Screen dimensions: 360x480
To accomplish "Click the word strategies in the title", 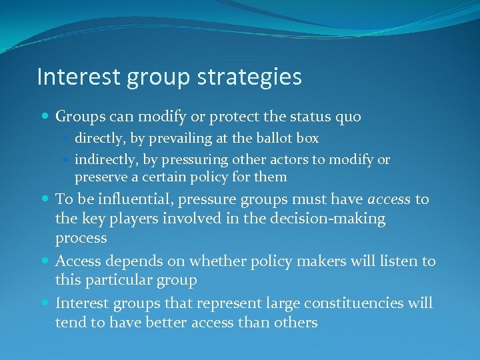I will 250,77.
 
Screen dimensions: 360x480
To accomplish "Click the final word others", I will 294,323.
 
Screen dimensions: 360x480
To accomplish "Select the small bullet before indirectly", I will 67,161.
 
